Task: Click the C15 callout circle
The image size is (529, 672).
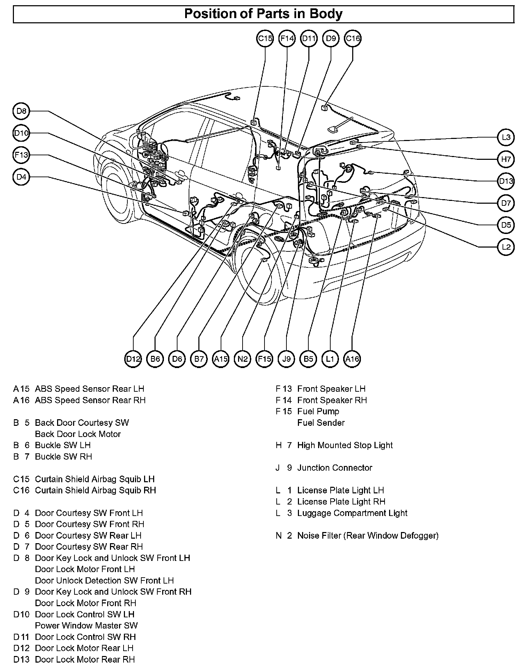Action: [x=265, y=38]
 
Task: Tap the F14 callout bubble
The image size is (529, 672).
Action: [x=287, y=38]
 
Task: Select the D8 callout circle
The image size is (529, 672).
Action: [x=21, y=111]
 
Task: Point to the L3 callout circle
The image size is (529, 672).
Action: [x=506, y=137]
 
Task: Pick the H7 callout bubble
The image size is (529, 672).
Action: [x=506, y=159]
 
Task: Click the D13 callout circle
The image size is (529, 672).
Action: [x=506, y=181]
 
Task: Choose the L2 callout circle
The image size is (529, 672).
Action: [x=506, y=247]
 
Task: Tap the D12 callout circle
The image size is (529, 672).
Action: [x=133, y=359]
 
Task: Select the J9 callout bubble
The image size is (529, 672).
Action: [x=286, y=359]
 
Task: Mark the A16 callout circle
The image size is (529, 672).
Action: [x=352, y=359]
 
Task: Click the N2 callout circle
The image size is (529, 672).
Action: [x=243, y=359]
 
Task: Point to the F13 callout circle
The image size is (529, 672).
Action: [x=21, y=155]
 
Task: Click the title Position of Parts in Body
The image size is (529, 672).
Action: [x=263, y=14]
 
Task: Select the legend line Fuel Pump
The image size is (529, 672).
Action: [x=318, y=412]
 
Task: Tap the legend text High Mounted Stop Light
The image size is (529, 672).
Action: [x=345, y=445]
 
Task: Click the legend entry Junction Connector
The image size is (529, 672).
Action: [x=334, y=468]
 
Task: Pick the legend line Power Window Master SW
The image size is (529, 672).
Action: [x=86, y=626]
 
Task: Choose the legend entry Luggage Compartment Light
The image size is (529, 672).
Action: [x=352, y=513]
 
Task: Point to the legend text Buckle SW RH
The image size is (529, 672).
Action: [x=63, y=456]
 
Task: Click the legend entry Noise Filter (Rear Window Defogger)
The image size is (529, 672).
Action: [x=368, y=536]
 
